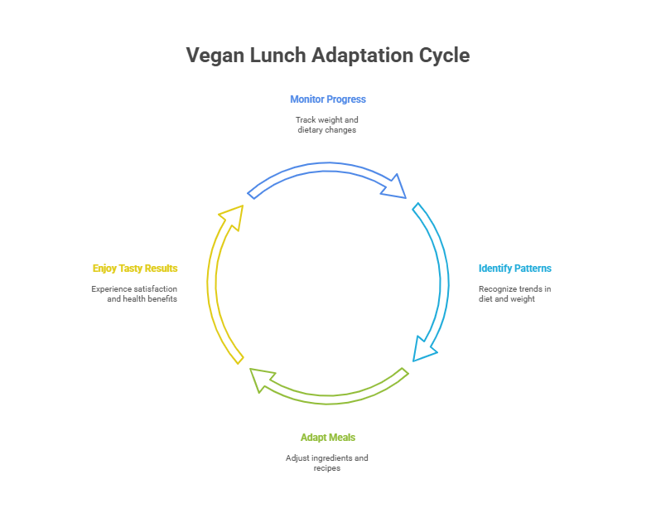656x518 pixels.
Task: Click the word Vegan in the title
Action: coord(210,56)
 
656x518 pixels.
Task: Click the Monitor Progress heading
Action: coord(327,99)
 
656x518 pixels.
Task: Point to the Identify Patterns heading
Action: coord(514,269)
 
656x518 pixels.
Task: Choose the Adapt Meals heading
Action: coord(327,438)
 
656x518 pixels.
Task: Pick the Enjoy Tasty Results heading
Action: coord(135,269)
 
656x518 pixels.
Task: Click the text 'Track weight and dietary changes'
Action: coord(327,125)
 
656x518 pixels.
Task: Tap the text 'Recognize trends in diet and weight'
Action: coord(514,293)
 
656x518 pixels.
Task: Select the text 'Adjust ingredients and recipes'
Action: coord(327,462)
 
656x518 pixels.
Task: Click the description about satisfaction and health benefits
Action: coord(134,293)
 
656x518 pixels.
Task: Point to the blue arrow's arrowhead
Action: coord(395,187)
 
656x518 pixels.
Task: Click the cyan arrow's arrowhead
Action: coord(425,349)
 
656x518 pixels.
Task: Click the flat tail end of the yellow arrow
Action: coord(240,359)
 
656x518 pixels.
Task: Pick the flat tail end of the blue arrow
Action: coord(252,194)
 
